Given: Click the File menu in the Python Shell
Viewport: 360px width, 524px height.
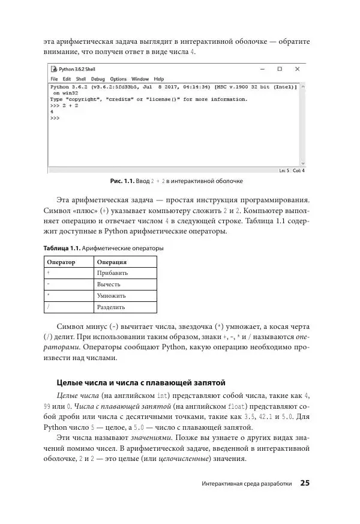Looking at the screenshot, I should click(54, 79).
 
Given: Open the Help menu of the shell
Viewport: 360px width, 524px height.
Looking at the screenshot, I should click(158, 79).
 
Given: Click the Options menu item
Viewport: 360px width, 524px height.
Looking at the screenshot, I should click(118, 79).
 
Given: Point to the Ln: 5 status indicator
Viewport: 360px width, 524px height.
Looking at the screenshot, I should click(284, 170).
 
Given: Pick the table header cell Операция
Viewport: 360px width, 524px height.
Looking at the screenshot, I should click(112, 262).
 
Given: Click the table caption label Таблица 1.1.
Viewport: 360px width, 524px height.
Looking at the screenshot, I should click(62, 248).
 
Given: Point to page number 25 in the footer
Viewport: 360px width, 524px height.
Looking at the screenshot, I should click(305, 483).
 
